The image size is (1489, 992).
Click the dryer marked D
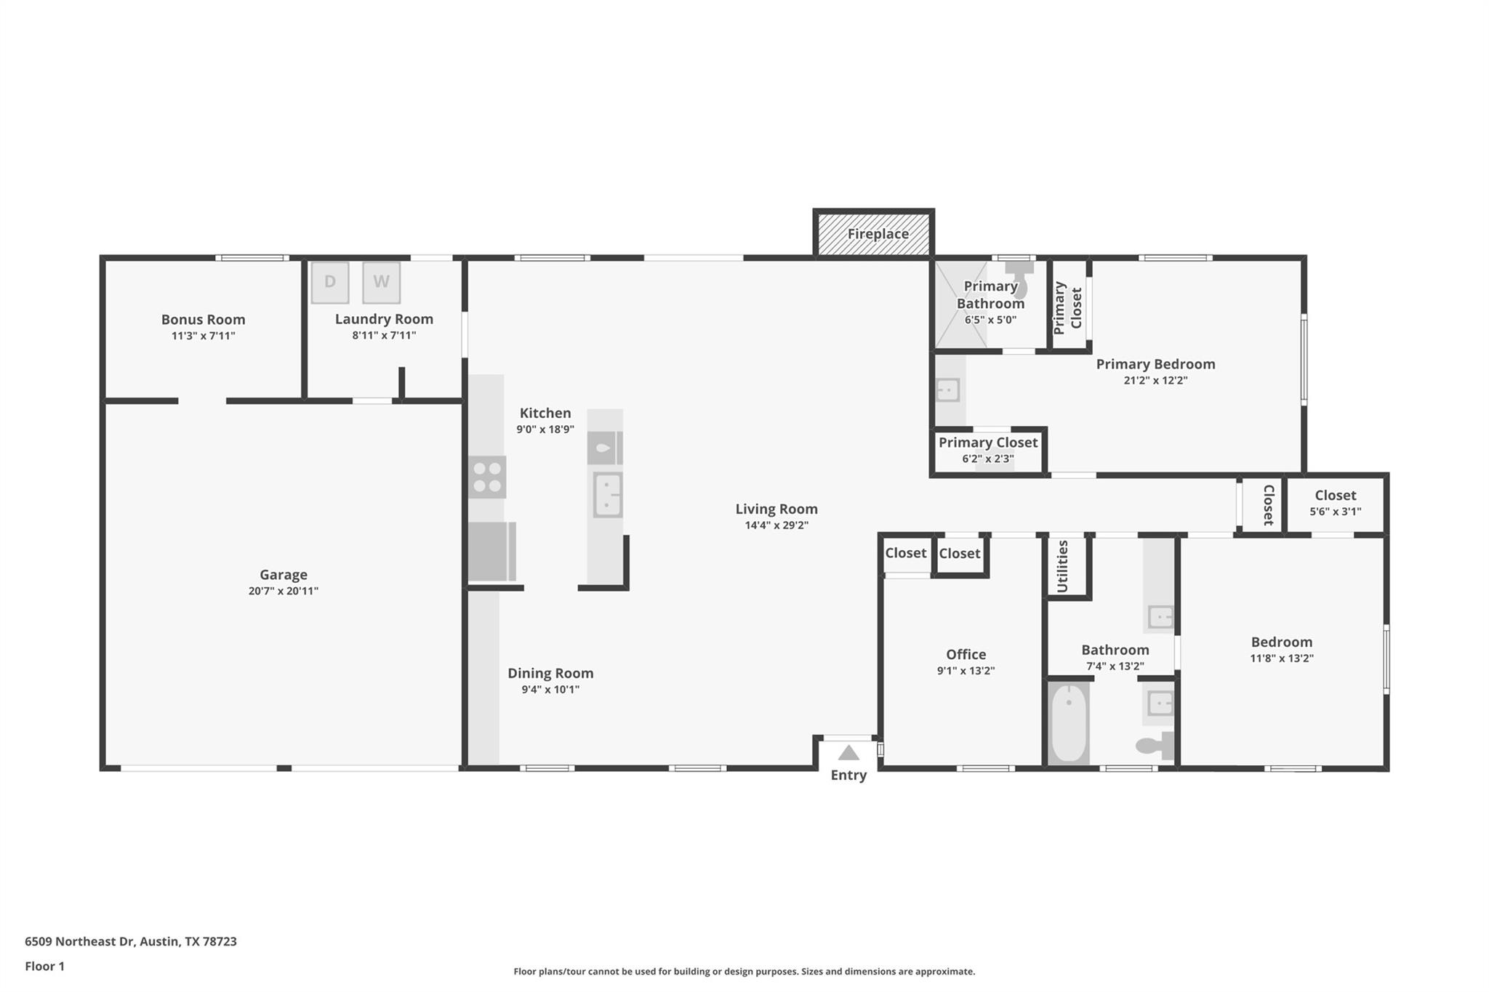pyautogui.click(x=330, y=282)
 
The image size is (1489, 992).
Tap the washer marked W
pyautogui.click(x=381, y=282)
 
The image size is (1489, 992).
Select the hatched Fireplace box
pyautogui.click(x=874, y=234)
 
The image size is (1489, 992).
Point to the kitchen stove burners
pyautogui.click(x=487, y=477)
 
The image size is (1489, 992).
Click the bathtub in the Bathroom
pyautogui.click(x=1068, y=723)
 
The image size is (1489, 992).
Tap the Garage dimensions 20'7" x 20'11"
pyautogui.click(x=284, y=591)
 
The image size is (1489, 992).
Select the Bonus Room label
pyautogui.click(x=203, y=319)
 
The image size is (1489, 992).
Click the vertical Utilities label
pyautogui.click(x=1062, y=566)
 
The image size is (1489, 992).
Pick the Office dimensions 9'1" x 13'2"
pyautogui.click(x=966, y=671)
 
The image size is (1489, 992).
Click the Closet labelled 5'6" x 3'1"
pyautogui.click(x=1335, y=503)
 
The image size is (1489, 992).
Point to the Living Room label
pyautogui.click(x=776, y=509)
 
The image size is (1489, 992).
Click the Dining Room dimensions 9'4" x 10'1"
pyautogui.click(x=550, y=689)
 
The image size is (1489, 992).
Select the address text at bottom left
pyautogui.click(x=131, y=941)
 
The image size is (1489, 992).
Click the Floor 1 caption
pyautogui.click(x=45, y=966)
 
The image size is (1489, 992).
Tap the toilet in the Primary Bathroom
pyautogui.click(x=1020, y=278)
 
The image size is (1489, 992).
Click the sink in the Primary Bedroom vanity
pyautogui.click(x=947, y=390)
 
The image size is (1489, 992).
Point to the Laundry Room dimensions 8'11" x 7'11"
pyautogui.click(x=384, y=335)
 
